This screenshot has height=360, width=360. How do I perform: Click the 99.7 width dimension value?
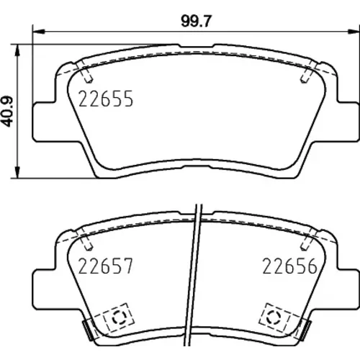(x=196, y=21)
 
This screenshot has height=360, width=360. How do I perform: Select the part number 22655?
(x=106, y=99)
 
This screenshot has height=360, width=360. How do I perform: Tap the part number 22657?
(x=106, y=266)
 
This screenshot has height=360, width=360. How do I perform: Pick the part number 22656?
(x=289, y=266)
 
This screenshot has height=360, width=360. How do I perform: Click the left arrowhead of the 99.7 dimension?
(x=38, y=32)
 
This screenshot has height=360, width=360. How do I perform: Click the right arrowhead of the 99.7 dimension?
(x=354, y=32)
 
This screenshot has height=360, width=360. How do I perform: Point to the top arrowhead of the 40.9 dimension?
(x=17, y=50)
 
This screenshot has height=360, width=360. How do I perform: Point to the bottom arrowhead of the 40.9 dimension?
(x=17, y=172)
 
